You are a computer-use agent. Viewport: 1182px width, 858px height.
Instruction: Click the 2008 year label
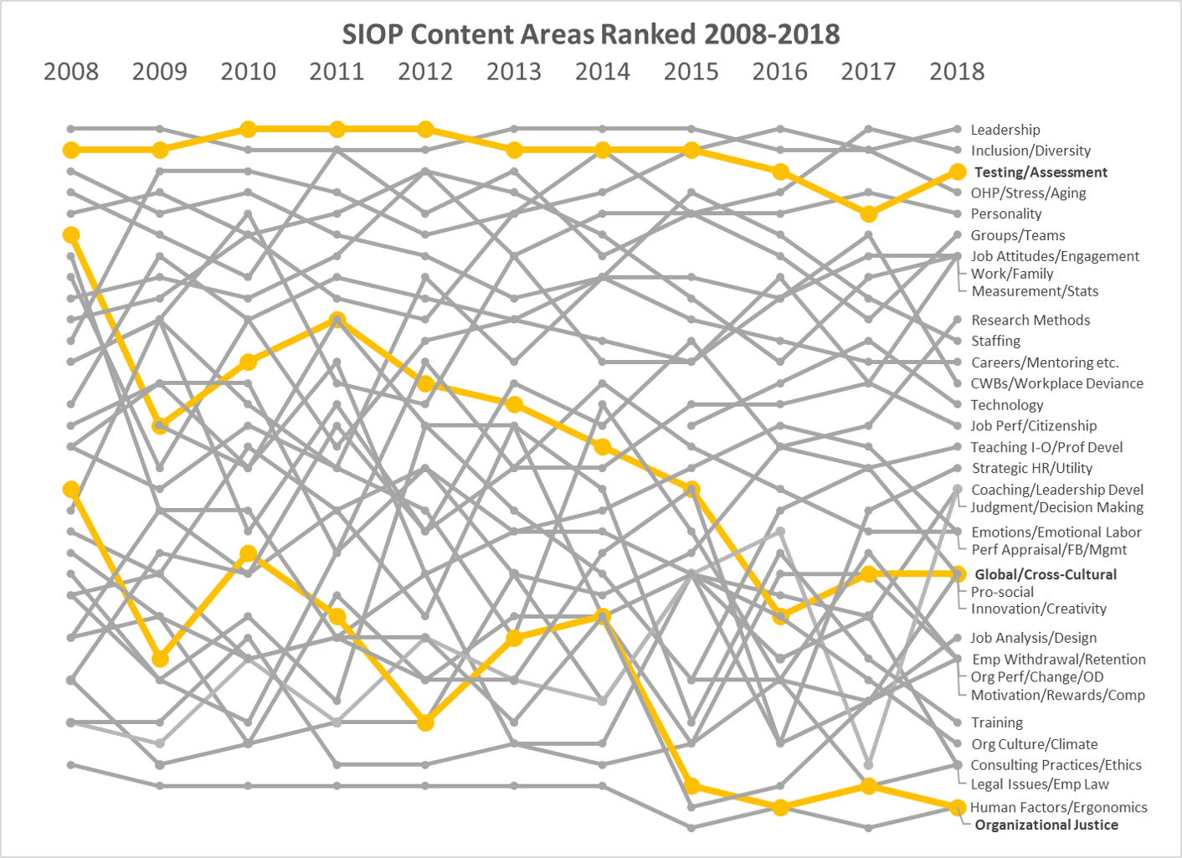point(71,72)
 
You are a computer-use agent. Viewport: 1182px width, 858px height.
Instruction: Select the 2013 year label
point(514,72)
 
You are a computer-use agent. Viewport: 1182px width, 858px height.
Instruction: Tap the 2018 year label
point(957,72)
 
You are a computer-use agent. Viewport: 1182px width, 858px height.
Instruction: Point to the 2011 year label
point(337,72)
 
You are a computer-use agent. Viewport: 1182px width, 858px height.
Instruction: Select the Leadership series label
point(1005,130)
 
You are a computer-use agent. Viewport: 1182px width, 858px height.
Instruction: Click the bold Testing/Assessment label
point(1041,172)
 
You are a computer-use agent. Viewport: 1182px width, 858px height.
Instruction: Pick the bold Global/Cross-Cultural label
point(1046,574)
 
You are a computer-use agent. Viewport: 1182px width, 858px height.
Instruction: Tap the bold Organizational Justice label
point(1046,825)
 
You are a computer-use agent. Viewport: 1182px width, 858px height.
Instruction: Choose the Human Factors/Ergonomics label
point(1058,807)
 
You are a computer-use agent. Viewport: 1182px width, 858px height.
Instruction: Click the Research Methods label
point(1030,320)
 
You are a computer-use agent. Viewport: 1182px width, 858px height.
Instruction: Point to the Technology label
point(1007,405)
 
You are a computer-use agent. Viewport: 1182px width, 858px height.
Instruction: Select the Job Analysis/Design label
point(1033,638)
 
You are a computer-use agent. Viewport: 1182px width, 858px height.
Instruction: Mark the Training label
point(996,722)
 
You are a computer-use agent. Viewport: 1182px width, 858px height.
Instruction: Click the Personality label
point(1006,214)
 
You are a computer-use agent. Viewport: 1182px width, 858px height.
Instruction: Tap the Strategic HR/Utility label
point(1031,468)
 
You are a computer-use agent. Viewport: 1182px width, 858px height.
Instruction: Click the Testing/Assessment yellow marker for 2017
point(869,214)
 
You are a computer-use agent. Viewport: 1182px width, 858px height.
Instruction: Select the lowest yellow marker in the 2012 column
point(425,722)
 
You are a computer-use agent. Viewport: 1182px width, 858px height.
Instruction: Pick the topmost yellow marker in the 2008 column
point(71,150)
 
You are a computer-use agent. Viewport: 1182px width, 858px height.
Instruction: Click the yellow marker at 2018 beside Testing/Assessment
point(958,172)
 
